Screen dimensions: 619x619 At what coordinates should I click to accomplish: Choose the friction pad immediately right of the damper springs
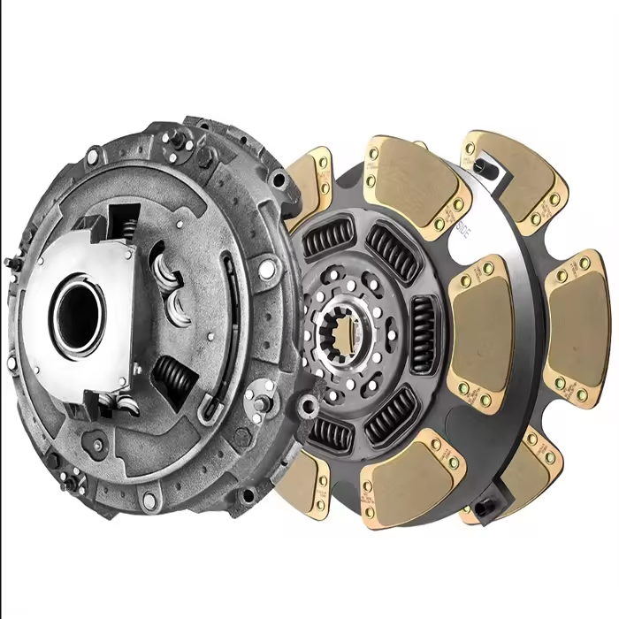pos(481,333)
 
